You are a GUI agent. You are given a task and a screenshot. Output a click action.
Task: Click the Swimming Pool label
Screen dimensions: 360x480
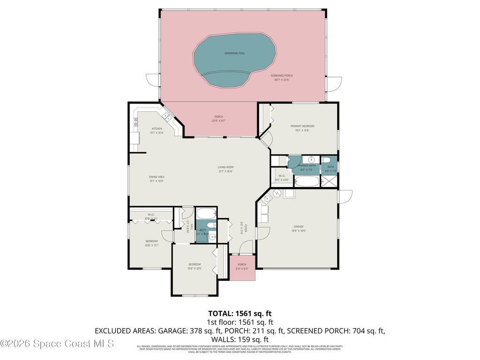click(234, 53)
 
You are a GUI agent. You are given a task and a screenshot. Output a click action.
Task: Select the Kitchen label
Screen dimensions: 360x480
click(156, 128)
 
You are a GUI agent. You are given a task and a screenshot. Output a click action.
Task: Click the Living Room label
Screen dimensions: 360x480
click(225, 167)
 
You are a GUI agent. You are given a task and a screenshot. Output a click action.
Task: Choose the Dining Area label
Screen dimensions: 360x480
click(156, 177)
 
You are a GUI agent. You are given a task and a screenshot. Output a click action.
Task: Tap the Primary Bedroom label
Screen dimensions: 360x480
click(302, 126)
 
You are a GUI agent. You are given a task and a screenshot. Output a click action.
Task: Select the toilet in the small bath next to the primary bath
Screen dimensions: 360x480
click(330, 160)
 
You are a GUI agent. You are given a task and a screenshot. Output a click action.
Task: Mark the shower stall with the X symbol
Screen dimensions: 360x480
click(330, 180)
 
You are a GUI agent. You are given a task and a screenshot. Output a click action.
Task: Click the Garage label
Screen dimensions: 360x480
click(299, 226)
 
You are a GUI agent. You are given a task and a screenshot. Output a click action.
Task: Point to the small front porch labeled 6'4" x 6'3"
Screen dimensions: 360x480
click(242, 267)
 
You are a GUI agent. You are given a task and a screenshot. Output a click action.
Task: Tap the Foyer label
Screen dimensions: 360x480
click(245, 227)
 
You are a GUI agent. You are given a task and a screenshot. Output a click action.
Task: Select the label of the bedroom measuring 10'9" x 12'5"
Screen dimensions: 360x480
click(194, 264)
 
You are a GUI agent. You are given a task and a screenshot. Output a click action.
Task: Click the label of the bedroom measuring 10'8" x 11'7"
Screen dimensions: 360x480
click(151, 241)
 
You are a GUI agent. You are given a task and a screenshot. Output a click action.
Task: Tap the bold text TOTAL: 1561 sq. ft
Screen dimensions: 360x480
click(240, 314)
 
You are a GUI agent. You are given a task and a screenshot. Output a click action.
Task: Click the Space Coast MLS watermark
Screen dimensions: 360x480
click(57, 344)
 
